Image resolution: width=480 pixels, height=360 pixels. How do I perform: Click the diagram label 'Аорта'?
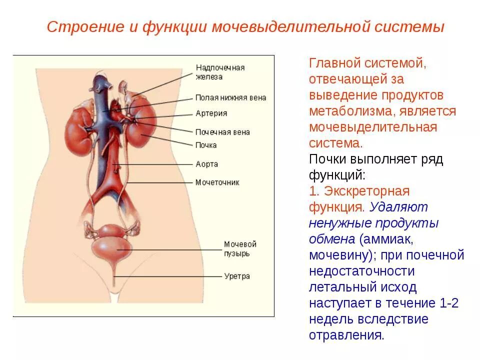[206, 164]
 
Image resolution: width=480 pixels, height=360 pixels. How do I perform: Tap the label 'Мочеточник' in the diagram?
[217, 182]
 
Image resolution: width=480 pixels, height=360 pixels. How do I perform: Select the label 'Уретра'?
[237, 276]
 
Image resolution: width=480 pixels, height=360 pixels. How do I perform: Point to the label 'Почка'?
[206, 145]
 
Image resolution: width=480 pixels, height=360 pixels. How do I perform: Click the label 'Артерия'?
[211, 113]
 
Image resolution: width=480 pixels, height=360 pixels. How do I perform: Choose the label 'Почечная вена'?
[222, 132]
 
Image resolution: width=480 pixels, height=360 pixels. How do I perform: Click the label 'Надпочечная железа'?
[220, 72]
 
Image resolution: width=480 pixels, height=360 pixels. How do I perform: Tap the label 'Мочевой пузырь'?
[240, 248]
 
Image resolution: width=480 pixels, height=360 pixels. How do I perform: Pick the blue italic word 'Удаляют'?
[398, 207]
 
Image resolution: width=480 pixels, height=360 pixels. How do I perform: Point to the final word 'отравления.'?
[346, 335]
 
